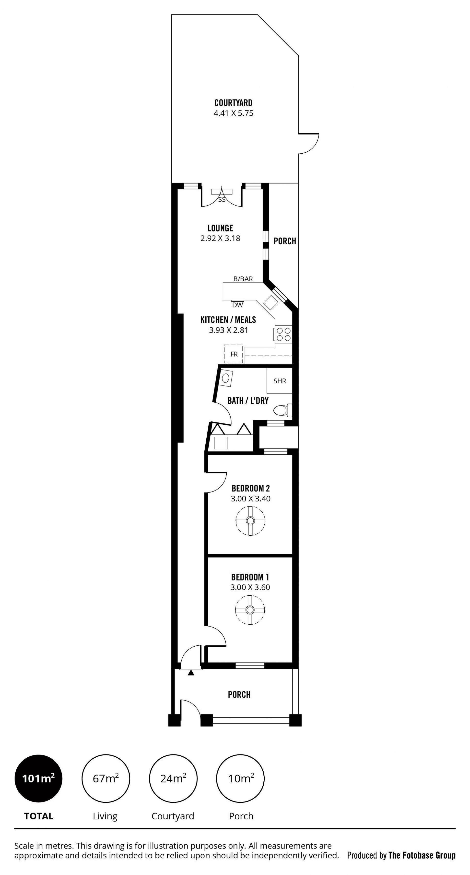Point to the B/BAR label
coord(243,279)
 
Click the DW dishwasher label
coord(237,305)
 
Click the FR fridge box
coord(234,354)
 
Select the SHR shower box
coord(280,381)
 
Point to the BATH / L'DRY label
coord(248,401)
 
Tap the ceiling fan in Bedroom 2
coord(250,521)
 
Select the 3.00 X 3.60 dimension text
coord(250,587)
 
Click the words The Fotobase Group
coord(422,855)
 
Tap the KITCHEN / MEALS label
coord(228,320)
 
